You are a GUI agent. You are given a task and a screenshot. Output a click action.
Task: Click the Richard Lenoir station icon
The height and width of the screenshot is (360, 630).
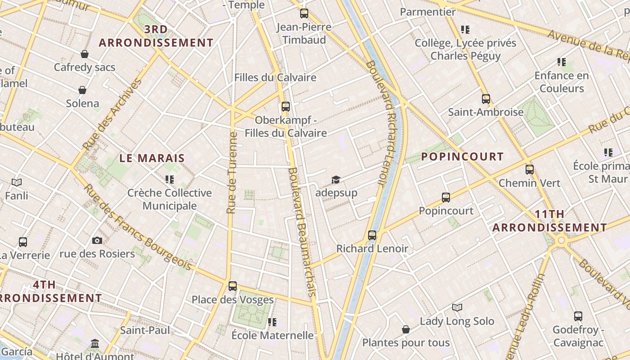(372, 235)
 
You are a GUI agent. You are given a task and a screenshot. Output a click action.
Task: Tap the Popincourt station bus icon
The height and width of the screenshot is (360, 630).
(445, 197)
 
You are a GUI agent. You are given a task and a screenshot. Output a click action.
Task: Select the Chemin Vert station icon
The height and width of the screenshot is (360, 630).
(530, 170)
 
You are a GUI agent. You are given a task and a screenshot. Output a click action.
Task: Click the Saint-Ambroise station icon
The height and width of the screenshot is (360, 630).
(486, 99)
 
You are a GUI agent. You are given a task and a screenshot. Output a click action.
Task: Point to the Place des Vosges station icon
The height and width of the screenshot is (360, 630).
(233, 286)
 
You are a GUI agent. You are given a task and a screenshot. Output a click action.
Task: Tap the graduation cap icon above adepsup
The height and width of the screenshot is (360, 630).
(336, 180)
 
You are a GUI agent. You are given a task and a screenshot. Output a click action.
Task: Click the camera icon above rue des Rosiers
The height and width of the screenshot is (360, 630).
(97, 240)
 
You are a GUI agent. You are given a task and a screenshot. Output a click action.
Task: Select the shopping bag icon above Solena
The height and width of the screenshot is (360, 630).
(82, 90)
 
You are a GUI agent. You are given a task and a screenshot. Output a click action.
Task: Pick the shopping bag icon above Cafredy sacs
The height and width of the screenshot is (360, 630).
(84, 54)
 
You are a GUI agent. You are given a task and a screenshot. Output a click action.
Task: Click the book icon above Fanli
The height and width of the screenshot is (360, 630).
(17, 182)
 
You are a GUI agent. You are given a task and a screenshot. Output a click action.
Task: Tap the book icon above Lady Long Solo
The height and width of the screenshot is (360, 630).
(457, 307)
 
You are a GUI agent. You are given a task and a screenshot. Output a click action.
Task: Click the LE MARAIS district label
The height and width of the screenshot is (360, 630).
(152, 158)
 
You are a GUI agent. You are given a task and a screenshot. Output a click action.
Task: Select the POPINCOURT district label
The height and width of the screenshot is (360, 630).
(462, 157)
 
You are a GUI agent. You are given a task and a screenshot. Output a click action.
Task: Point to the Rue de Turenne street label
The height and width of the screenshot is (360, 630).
(232, 173)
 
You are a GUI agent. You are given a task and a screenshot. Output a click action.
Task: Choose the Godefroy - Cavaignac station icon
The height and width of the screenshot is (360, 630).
(578, 316)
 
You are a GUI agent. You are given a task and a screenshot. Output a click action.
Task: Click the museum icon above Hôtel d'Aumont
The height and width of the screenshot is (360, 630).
(95, 344)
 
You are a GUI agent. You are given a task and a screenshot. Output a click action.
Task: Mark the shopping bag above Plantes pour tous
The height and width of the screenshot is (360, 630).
(406, 329)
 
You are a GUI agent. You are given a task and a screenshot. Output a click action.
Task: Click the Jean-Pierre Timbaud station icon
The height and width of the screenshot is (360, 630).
(304, 13)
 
